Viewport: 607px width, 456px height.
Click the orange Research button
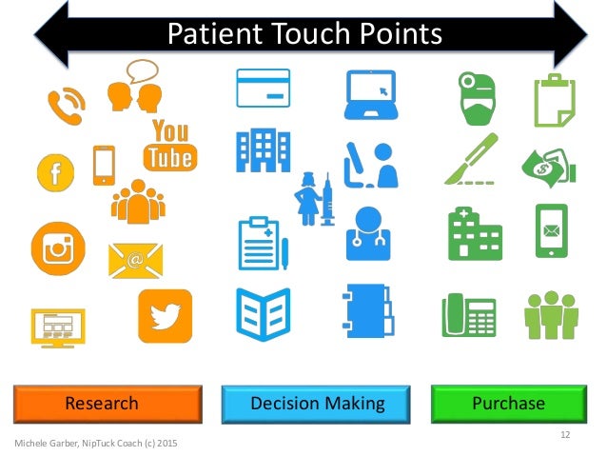[108, 404]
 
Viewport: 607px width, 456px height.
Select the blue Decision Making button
[317, 404]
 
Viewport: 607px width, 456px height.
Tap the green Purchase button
[508, 404]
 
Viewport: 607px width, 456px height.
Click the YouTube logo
[169, 146]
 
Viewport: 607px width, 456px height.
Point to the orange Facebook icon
[55, 172]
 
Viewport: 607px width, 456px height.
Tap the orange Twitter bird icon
[165, 316]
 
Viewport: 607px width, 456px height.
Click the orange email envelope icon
[135, 259]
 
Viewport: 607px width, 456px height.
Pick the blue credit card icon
[264, 89]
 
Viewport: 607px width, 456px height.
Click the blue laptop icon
[370, 93]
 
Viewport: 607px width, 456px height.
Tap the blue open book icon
[264, 313]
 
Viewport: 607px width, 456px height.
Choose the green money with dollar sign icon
[549, 164]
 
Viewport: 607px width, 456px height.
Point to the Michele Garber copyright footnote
[95, 444]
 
